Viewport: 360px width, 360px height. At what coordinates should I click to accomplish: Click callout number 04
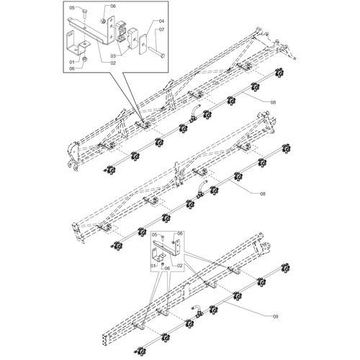(161, 21)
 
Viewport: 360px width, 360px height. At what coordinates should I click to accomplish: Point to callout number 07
(161, 30)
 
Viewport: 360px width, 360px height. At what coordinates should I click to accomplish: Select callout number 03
(113, 56)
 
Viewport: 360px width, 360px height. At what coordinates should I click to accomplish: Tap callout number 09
(275, 317)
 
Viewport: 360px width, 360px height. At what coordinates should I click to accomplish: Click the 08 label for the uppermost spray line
(273, 102)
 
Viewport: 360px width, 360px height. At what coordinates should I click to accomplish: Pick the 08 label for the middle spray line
(263, 194)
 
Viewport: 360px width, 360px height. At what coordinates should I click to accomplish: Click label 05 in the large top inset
(72, 8)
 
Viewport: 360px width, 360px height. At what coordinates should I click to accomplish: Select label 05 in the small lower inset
(155, 234)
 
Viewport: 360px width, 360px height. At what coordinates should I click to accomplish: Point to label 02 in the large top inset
(113, 63)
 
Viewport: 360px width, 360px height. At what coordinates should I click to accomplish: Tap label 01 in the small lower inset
(153, 266)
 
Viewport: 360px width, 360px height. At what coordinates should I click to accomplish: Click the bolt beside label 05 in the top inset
(85, 14)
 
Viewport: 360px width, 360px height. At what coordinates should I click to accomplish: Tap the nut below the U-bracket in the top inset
(84, 59)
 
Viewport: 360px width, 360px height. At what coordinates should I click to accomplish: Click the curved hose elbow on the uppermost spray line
(194, 113)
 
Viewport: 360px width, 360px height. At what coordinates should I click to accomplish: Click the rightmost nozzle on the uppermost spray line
(279, 73)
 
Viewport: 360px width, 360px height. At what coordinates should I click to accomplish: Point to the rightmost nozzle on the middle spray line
(286, 149)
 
